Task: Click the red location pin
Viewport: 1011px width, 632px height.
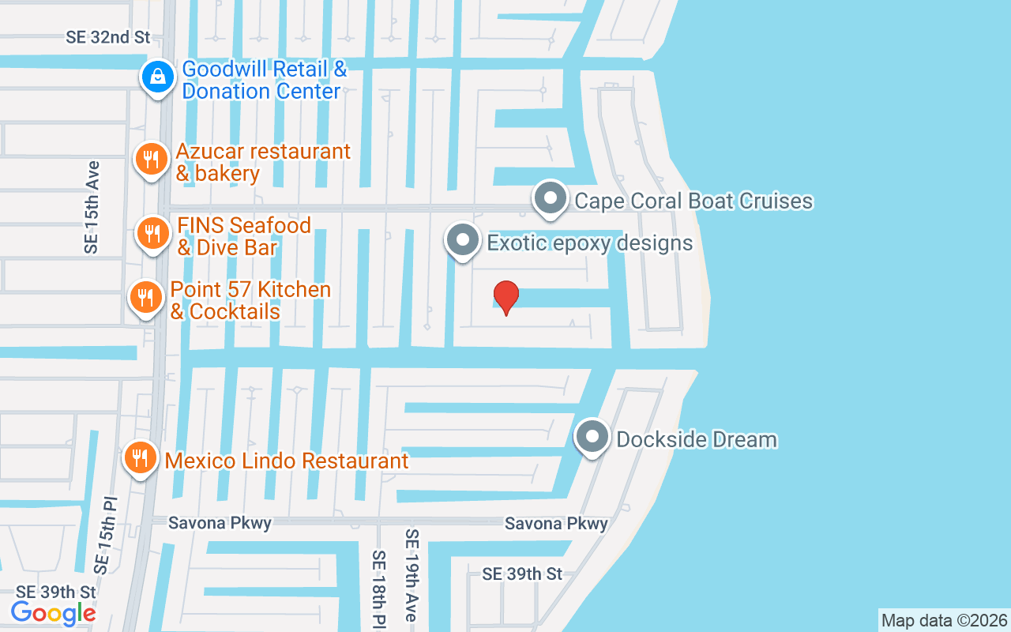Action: pos(505,297)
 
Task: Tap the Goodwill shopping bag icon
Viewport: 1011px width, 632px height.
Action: pos(158,77)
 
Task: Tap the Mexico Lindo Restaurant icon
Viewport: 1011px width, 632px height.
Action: pos(140,457)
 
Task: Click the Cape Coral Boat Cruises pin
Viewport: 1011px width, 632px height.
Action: pos(551,198)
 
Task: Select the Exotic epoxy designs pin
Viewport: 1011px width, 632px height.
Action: pos(463,240)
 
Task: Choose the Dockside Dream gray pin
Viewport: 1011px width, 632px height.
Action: pos(592,437)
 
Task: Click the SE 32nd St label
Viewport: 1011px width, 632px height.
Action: pos(107,37)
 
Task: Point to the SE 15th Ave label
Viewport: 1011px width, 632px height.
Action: pos(92,207)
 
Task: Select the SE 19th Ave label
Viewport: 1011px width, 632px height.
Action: pos(412,575)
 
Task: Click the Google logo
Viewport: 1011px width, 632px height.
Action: pos(53,612)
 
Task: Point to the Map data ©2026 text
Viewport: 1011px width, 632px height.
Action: pos(944,620)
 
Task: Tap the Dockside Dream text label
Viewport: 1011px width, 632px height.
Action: pos(697,439)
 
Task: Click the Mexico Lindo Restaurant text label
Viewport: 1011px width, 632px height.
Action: pos(287,460)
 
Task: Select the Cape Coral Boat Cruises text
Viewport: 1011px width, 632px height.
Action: pos(693,201)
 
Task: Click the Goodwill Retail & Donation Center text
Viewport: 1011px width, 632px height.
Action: pos(264,80)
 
